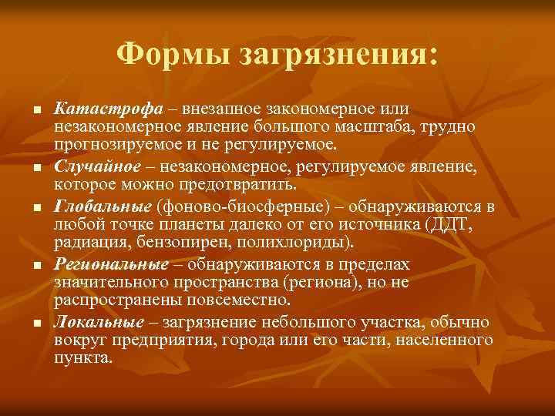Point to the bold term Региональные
111,264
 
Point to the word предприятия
160,339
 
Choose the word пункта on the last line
82,357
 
